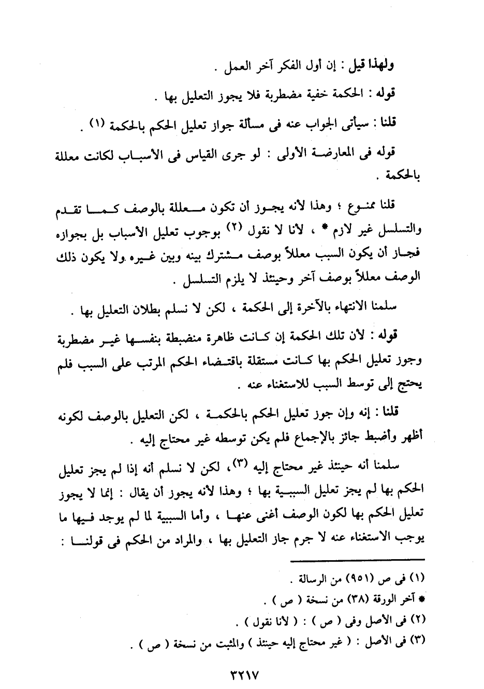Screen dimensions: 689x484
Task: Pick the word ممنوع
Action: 356,206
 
